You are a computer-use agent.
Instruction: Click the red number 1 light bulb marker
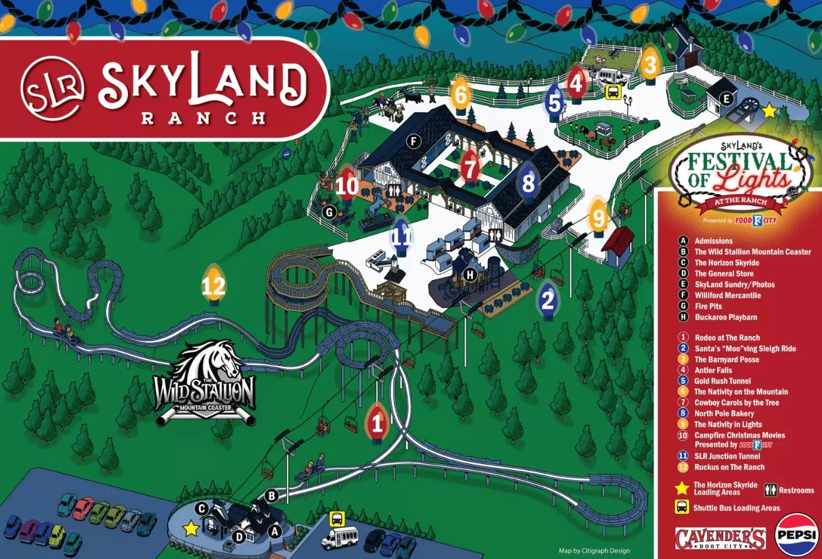pos(377,424)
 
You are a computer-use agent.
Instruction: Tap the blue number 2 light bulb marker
pos(548,300)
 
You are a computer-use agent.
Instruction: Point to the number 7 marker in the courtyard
pos(470,168)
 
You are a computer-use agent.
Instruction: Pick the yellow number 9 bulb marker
pos(598,218)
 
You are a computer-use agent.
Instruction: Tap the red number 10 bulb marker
pos(347,185)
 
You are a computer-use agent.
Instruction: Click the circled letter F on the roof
pos(413,142)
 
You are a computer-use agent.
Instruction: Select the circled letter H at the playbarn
pos(470,275)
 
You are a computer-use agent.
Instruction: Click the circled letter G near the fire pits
pos(330,213)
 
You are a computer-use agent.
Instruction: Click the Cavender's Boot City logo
pos(720,538)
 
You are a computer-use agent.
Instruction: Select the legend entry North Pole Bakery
pos(724,414)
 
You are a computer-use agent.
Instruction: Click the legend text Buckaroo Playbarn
pos(725,317)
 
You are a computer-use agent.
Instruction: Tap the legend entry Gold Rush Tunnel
pos(722,381)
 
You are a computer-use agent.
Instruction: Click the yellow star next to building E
pos(769,111)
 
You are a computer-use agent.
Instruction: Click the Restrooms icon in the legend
pos(770,490)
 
